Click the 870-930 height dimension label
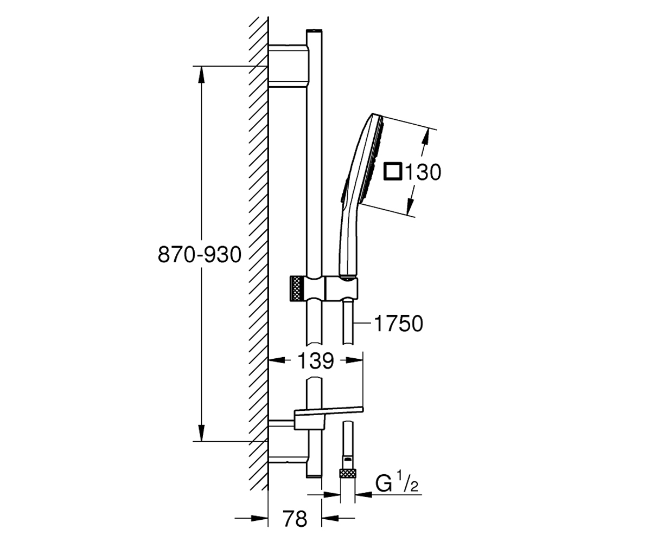pyautogui.click(x=200, y=255)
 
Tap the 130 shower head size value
pyautogui.click(x=423, y=172)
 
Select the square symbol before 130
pyautogui.click(x=393, y=171)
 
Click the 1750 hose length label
pyautogui.click(x=398, y=324)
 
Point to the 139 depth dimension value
pyautogui.click(x=316, y=361)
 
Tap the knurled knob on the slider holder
pyautogui.click(x=297, y=289)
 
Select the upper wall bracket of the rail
pyautogui.click(x=289, y=66)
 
